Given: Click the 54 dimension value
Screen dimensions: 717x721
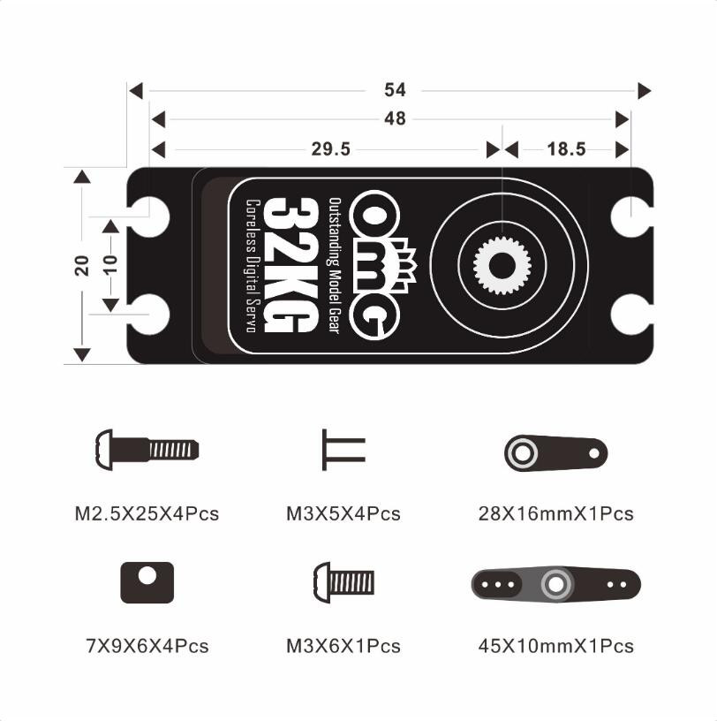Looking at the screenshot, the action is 395,90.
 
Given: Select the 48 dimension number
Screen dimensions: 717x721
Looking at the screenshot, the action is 395,119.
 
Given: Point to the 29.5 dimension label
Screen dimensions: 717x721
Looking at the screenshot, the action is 330,149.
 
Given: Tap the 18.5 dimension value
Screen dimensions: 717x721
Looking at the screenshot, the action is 566,149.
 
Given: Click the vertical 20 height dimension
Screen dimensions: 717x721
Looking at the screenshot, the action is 82,265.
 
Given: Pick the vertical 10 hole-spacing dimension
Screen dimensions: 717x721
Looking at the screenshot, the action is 110,265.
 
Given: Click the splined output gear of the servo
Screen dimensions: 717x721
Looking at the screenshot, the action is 502,266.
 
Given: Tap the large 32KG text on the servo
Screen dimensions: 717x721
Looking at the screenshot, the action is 290,266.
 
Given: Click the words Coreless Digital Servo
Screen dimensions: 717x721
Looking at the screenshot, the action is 253,266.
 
